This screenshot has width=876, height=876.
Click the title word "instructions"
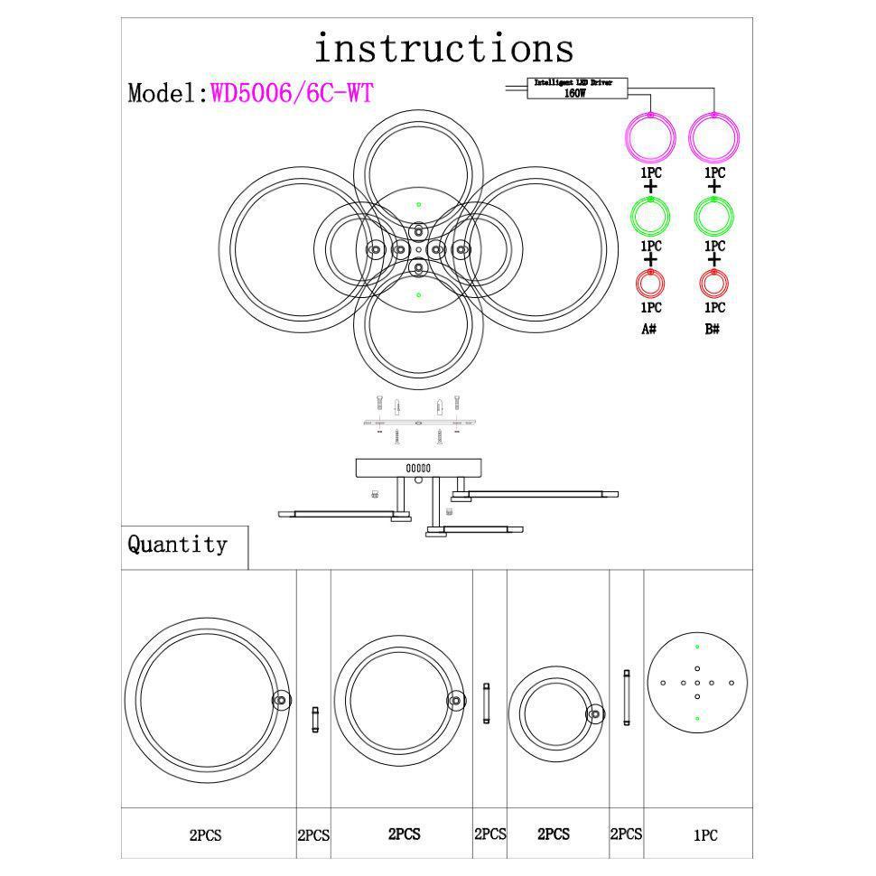pos(443,48)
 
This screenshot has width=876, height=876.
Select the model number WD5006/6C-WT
pos(292,93)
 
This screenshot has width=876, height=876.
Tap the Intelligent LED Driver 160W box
pos(573,88)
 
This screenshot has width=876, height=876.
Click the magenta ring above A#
pos(650,137)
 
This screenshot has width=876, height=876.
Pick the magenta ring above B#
pos(713,137)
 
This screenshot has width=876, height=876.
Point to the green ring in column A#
pos(650,215)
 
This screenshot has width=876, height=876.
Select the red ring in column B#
pos(713,284)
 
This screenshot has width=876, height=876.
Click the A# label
pos(648,329)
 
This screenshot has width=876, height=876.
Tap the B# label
pos(713,329)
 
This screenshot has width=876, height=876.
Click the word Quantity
pos(177,545)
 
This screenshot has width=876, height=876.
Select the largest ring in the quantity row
pos(207,701)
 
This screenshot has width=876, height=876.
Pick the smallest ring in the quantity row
pos(554,713)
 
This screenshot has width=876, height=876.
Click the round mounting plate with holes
pos(697,683)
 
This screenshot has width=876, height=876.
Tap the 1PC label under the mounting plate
pos(705,836)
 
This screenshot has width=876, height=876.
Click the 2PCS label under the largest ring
pos(205,836)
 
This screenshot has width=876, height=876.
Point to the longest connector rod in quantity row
pos(626,697)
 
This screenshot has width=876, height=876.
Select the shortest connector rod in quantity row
pos(315,719)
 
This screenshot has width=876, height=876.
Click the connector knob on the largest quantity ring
pos(281,700)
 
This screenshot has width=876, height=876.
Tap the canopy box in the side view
pos(418,468)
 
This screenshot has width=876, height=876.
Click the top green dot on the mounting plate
pos(697,648)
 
